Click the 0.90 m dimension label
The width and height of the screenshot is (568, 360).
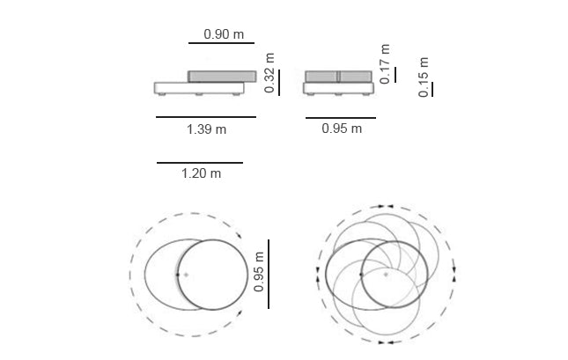(224, 34)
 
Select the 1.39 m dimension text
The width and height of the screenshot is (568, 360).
(206, 129)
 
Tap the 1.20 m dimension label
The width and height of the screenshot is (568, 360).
(201, 173)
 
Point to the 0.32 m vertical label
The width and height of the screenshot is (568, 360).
(269, 73)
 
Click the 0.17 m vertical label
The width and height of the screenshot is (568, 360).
(385, 63)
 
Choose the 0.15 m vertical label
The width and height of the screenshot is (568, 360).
(424, 77)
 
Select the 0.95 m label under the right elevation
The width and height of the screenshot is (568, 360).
(342, 129)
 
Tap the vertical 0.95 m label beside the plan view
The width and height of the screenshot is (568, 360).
(259, 272)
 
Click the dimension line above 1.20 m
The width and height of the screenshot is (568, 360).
(200, 163)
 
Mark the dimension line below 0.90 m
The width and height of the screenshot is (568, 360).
(221, 43)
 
